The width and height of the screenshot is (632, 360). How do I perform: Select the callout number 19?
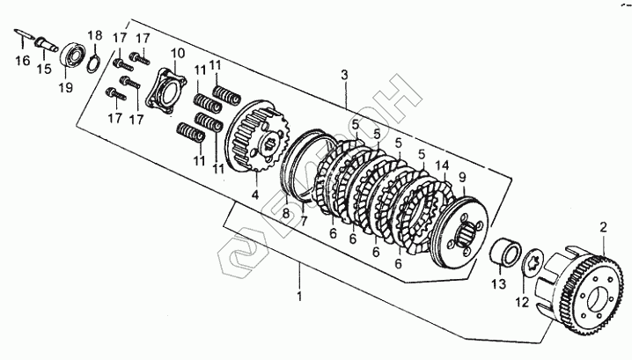pos(65,88)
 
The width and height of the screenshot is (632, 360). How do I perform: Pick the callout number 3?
pos(345,77)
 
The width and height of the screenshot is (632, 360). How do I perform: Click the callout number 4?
pos(254,195)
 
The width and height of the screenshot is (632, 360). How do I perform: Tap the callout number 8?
pos(286,211)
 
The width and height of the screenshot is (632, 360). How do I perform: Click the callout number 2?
pos(604,228)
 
